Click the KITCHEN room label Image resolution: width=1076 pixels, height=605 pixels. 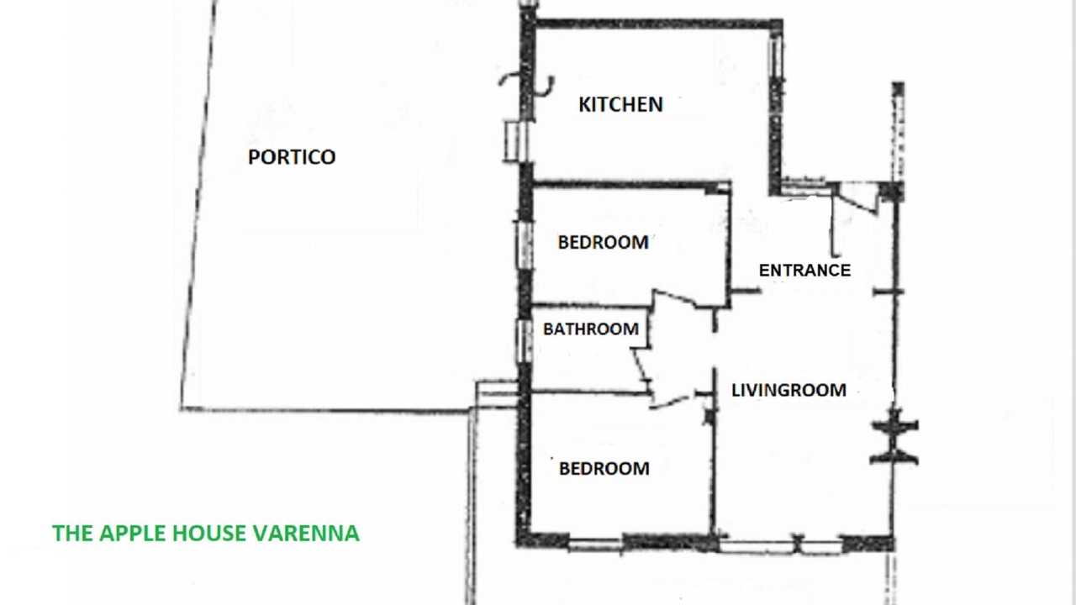tap(620, 105)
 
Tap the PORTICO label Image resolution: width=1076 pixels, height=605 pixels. tap(292, 157)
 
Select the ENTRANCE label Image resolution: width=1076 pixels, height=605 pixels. tap(804, 271)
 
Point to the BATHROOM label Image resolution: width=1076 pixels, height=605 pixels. tap(591, 329)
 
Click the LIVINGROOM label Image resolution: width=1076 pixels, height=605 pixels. tap(789, 390)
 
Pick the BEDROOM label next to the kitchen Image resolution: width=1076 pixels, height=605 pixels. tap(603, 243)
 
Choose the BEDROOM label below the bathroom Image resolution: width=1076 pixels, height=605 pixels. tap(604, 469)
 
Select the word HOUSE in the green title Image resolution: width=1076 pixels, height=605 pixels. tap(210, 534)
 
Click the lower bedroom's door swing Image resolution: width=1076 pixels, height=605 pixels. tap(671, 402)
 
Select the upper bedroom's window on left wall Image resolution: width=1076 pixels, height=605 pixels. tap(525, 244)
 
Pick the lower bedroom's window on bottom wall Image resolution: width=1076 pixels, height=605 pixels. tap(596, 544)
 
